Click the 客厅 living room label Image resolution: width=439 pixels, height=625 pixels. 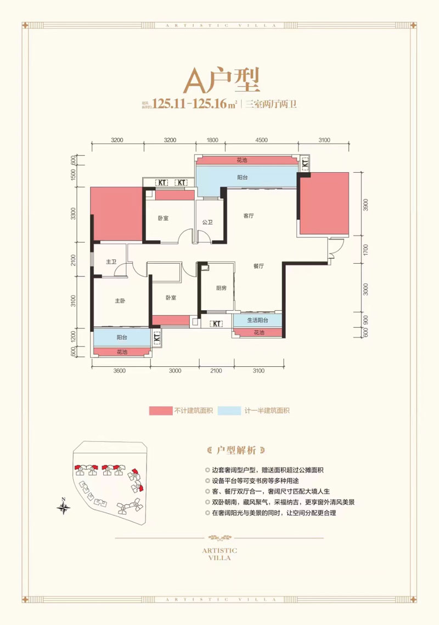pyautogui.click(x=249, y=215)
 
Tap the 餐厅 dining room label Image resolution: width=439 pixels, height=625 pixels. pyautogui.click(x=259, y=265)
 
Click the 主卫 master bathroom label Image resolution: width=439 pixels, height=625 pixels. pyautogui.click(x=111, y=262)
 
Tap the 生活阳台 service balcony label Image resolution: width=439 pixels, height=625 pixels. pyautogui.click(x=257, y=320)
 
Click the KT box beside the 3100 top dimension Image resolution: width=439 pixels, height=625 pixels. pyautogui.click(x=305, y=163)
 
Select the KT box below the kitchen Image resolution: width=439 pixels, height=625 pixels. pyautogui.click(x=216, y=323)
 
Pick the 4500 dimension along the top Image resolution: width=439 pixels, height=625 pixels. pyautogui.click(x=261, y=140)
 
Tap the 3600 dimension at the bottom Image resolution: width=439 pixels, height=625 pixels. pyautogui.click(x=120, y=371)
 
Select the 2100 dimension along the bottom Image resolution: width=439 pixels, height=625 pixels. pyautogui.click(x=215, y=371)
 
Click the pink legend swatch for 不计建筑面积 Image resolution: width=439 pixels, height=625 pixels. pyautogui.click(x=160, y=410)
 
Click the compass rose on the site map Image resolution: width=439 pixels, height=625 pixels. pyautogui.click(x=65, y=507)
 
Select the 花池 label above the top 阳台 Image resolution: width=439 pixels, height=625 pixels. pyautogui.click(x=242, y=161)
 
